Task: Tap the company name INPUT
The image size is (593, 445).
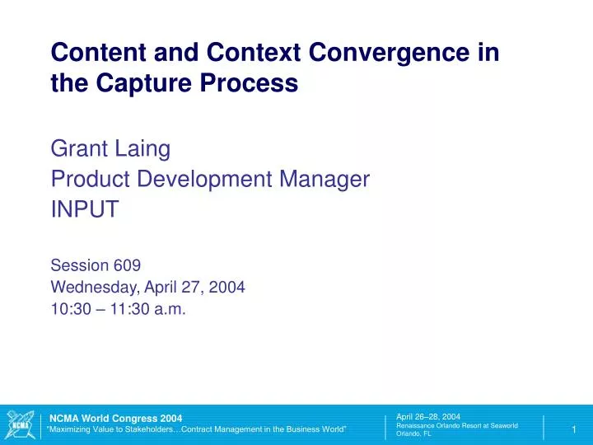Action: tap(85, 208)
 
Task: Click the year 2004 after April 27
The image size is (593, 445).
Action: tap(226, 288)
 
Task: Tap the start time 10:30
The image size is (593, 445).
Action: tap(70, 310)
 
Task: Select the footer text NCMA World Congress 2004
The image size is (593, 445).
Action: tap(115, 419)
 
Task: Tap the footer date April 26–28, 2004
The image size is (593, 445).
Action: tap(427, 417)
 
